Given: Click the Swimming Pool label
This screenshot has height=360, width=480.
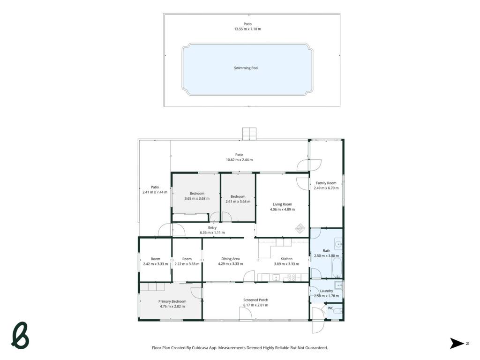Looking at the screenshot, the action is click(246, 68).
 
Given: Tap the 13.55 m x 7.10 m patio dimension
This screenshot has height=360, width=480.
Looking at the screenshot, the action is click(247, 29).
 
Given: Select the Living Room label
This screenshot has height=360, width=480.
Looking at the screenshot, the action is click(282, 204).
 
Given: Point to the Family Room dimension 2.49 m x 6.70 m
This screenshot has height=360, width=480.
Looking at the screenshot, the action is click(326, 188).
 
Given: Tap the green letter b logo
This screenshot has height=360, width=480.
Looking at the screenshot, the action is click(20, 335).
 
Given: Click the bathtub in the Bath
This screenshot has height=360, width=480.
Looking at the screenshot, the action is click(337, 268).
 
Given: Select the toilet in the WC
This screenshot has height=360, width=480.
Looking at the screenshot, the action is click(337, 311).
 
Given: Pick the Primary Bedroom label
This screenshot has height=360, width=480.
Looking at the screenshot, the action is click(172, 301).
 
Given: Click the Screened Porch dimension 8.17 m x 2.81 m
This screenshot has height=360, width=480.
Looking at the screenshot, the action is click(255, 305).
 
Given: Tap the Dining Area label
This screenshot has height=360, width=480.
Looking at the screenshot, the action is click(231, 259).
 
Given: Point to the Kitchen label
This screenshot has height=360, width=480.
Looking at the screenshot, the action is click(286, 259).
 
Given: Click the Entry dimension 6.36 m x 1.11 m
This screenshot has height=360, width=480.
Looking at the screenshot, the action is click(212, 232).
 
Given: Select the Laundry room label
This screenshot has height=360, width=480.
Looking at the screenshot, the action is click(326, 291).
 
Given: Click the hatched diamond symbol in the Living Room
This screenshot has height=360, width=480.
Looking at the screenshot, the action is click(300, 228).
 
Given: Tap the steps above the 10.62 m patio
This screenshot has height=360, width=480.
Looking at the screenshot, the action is click(249, 134).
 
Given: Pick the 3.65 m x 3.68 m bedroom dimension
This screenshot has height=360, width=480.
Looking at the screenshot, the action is click(197, 198).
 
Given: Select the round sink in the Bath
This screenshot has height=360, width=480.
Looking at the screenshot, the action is click(338, 244).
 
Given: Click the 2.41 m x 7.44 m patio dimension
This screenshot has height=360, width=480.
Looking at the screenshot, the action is click(155, 192).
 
